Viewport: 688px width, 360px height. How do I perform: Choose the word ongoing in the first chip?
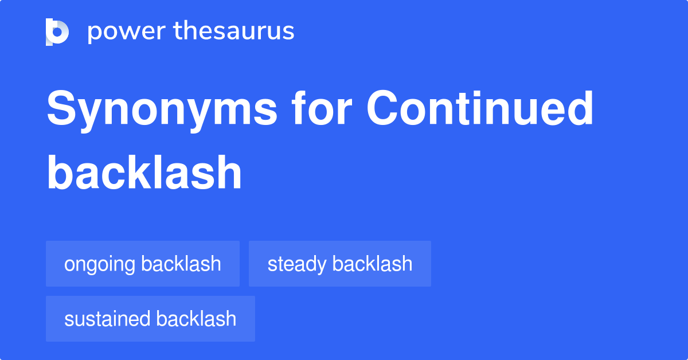coord(100,265)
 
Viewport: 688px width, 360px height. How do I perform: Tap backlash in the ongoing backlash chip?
coord(181,264)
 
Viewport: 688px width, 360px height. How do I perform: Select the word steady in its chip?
coord(297,265)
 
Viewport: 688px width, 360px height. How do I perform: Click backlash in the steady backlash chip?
coord(372,264)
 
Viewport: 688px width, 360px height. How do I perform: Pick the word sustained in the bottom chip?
coord(107,319)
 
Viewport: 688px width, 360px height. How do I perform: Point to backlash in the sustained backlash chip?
coord(196,319)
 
